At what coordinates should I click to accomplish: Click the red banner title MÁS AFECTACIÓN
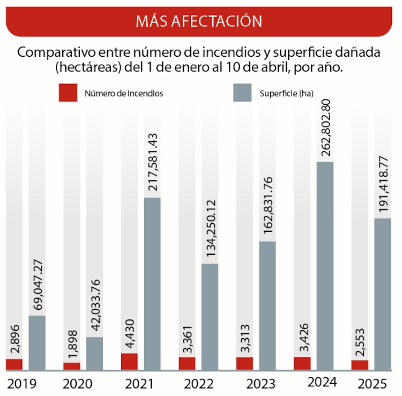(199, 21)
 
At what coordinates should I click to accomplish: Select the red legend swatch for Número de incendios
(68, 93)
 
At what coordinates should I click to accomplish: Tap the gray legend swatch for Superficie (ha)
(243, 93)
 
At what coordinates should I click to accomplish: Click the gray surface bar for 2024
(325, 265)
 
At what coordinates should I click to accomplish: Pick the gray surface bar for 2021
(152, 284)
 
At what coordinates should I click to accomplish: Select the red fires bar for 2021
(129, 361)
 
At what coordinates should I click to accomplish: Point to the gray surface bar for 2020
(94, 353)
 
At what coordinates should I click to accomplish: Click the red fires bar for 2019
(14, 364)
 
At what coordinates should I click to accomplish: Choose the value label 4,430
(129, 334)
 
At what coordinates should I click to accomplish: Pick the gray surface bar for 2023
(267, 306)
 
